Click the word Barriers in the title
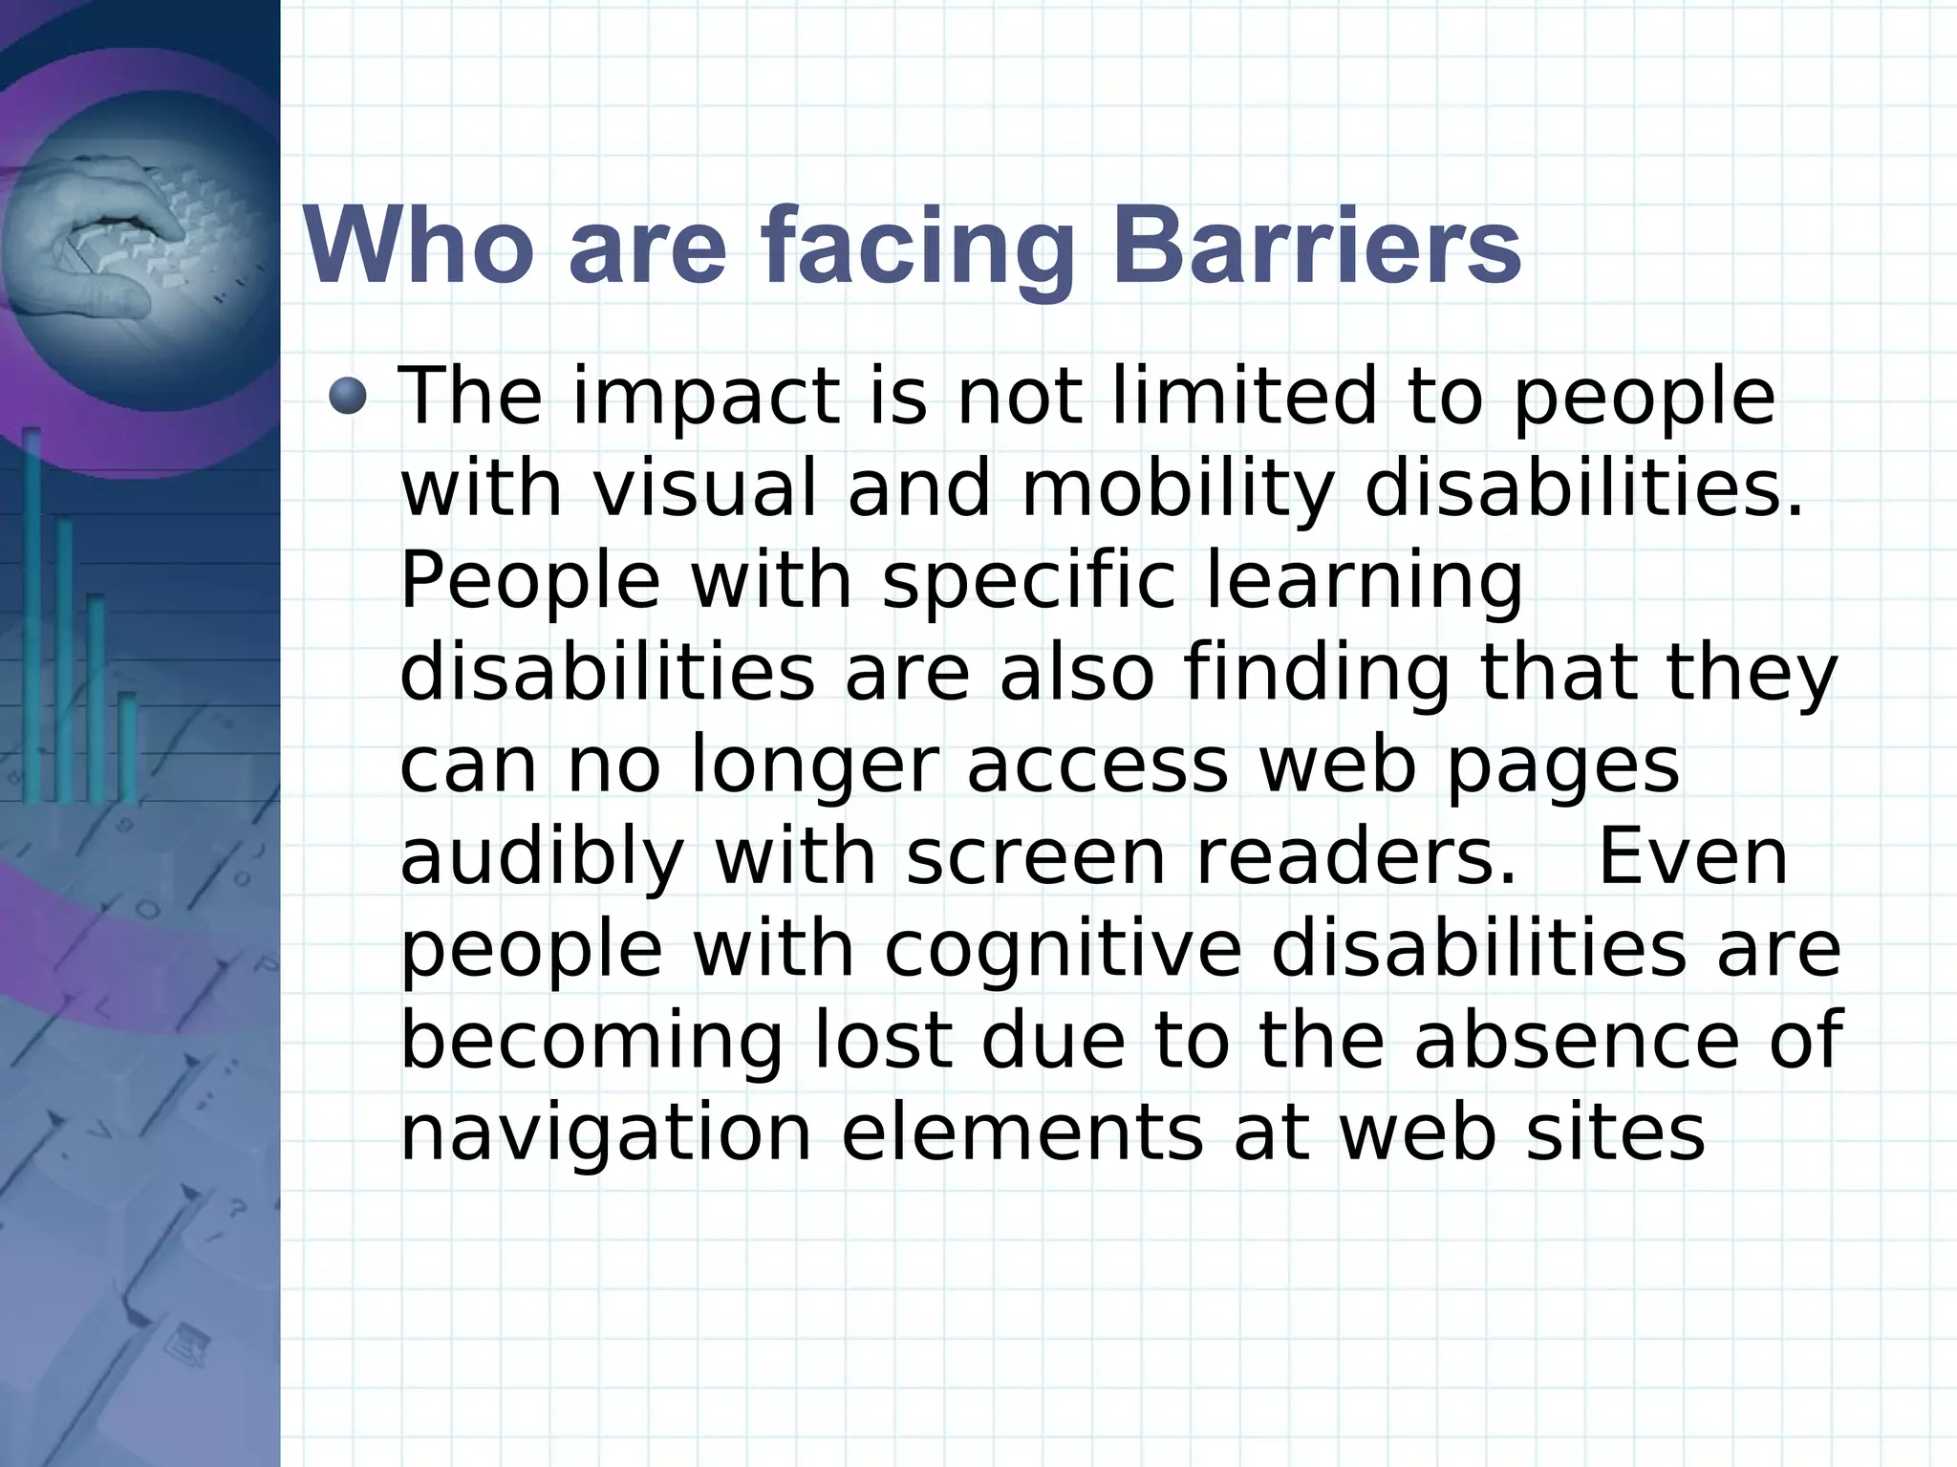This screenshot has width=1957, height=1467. click(x=1316, y=246)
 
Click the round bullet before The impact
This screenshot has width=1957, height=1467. click(x=347, y=397)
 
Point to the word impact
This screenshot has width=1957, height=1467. click(x=706, y=399)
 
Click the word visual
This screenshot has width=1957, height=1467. click(x=705, y=488)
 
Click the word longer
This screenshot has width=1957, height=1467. click(x=814, y=767)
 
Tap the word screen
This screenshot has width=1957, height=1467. click(x=1036, y=857)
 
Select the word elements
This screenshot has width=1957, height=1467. click(x=1022, y=1133)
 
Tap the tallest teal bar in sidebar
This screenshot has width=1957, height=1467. click(x=32, y=612)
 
